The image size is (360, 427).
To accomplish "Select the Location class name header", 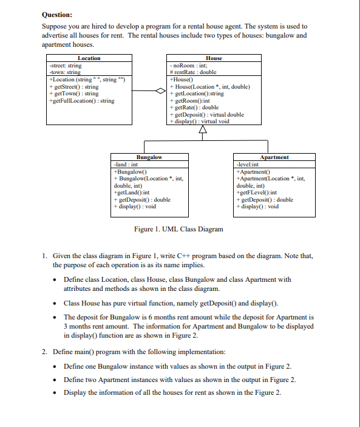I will pyautogui.click(x=89, y=58).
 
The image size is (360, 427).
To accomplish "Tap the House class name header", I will pyautogui.click(x=214, y=58).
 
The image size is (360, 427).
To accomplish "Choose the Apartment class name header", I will pyautogui.click(x=274, y=157).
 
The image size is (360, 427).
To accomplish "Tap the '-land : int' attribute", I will pyautogui.click(x=126, y=165).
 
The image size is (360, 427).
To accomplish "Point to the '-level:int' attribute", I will pyautogui.click(x=248, y=165).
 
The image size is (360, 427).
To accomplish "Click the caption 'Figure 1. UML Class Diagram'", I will pyautogui.click(x=178, y=229).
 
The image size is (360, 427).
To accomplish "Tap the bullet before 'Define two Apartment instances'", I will pyautogui.click(x=56, y=380).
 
